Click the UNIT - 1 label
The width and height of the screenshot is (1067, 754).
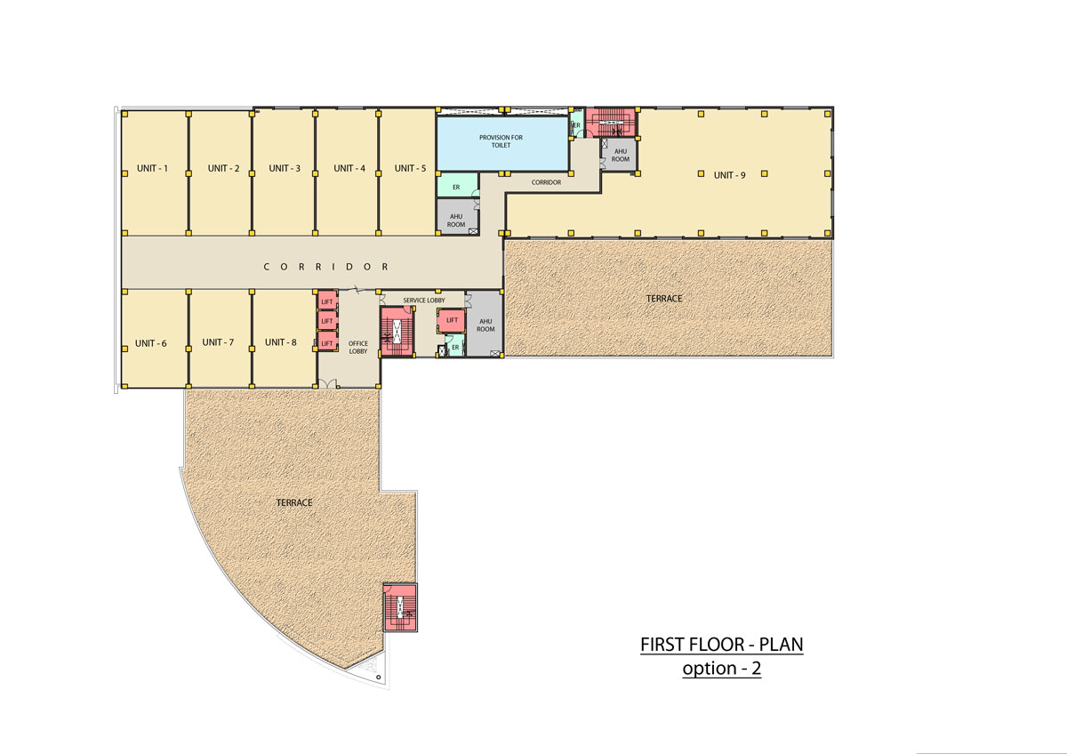(x=152, y=168)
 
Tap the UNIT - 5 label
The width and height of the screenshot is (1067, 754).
(x=410, y=168)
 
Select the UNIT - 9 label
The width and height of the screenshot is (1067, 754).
(x=729, y=175)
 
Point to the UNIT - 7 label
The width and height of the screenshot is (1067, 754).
(x=218, y=342)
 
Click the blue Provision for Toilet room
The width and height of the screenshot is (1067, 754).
(x=502, y=143)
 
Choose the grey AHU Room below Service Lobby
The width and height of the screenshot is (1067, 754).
(x=485, y=324)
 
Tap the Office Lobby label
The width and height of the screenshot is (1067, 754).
(x=358, y=348)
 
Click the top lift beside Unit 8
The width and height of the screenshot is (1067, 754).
(x=327, y=300)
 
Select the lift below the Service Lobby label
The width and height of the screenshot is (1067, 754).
(x=451, y=321)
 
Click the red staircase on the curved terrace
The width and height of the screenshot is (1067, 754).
(x=400, y=607)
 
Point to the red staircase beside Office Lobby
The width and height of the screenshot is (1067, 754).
(x=397, y=332)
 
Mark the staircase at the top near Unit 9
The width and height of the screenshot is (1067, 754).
(x=612, y=123)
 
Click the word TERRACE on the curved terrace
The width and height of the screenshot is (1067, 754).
(x=294, y=502)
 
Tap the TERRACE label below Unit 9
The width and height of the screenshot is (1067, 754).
(x=664, y=299)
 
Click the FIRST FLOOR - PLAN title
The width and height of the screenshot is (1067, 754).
(x=722, y=645)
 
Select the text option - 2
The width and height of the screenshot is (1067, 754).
(x=722, y=669)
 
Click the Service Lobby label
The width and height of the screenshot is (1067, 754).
(x=424, y=300)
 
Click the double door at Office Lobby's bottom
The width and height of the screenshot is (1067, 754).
(x=327, y=384)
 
